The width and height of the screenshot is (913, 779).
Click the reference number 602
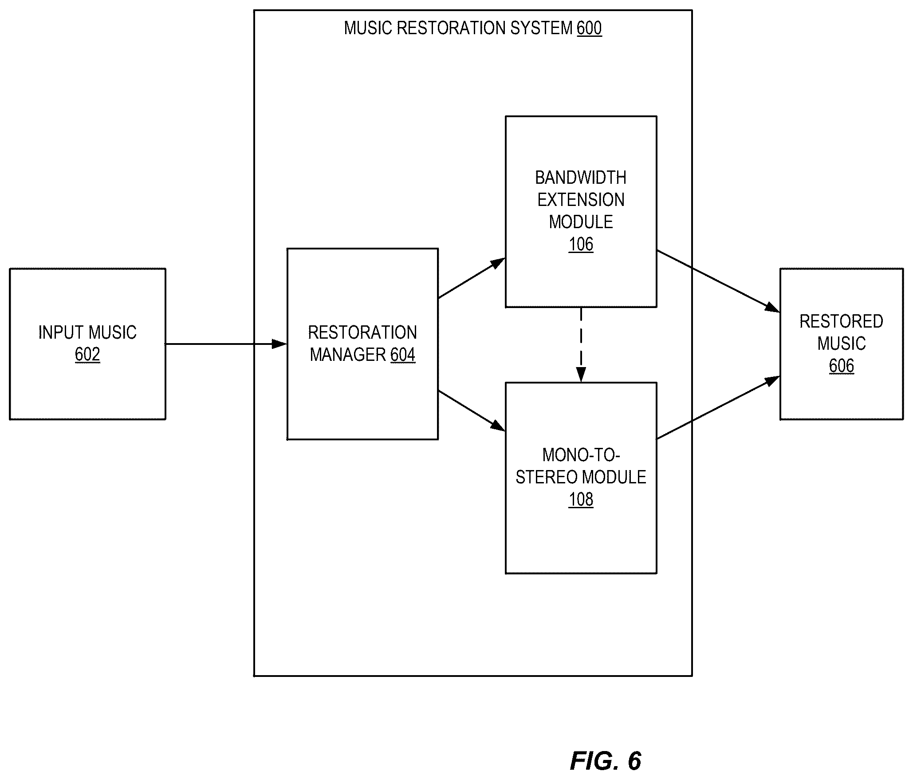point(87,355)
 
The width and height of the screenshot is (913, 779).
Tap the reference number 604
point(403,355)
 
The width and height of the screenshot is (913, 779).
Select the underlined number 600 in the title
point(589,28)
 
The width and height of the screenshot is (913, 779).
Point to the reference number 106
point(581,244)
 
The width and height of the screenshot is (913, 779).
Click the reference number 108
point(581,499)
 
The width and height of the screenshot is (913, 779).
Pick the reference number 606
point(841,366)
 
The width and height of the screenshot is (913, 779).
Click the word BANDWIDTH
point(581,178)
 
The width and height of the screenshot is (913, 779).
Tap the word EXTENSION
point(581,200)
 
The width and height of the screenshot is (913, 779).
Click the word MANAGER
point(348,355)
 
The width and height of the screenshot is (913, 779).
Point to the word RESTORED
point(841,321)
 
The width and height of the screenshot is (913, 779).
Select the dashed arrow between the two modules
point(581,344)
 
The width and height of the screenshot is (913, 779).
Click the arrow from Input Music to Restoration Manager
point(226,344)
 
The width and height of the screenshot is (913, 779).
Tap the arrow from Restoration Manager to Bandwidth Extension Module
point(472,278)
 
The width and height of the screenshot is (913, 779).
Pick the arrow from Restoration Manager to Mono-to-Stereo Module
point(472,411)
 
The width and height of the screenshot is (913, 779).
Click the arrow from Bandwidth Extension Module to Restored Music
point(718,281)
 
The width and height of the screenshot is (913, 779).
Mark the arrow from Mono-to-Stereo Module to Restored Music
point(718,407)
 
